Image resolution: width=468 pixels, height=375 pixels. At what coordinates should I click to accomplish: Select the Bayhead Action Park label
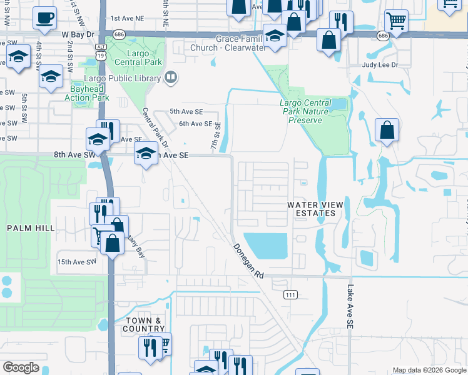87,93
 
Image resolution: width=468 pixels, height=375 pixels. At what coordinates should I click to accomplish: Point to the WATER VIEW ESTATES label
312,209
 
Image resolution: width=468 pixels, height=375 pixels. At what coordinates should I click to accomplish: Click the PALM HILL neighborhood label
31,229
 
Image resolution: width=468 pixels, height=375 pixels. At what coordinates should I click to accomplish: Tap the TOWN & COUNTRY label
144,324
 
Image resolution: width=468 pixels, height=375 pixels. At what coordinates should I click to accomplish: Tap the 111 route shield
289,294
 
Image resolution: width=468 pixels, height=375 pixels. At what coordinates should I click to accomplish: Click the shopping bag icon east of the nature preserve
387,131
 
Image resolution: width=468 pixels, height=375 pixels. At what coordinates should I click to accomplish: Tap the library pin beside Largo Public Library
170,77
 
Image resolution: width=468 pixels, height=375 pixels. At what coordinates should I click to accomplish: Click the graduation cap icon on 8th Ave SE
145,154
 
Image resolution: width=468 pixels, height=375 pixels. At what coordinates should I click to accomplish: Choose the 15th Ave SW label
76,262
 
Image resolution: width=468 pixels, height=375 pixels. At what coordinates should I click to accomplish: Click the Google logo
21,367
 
